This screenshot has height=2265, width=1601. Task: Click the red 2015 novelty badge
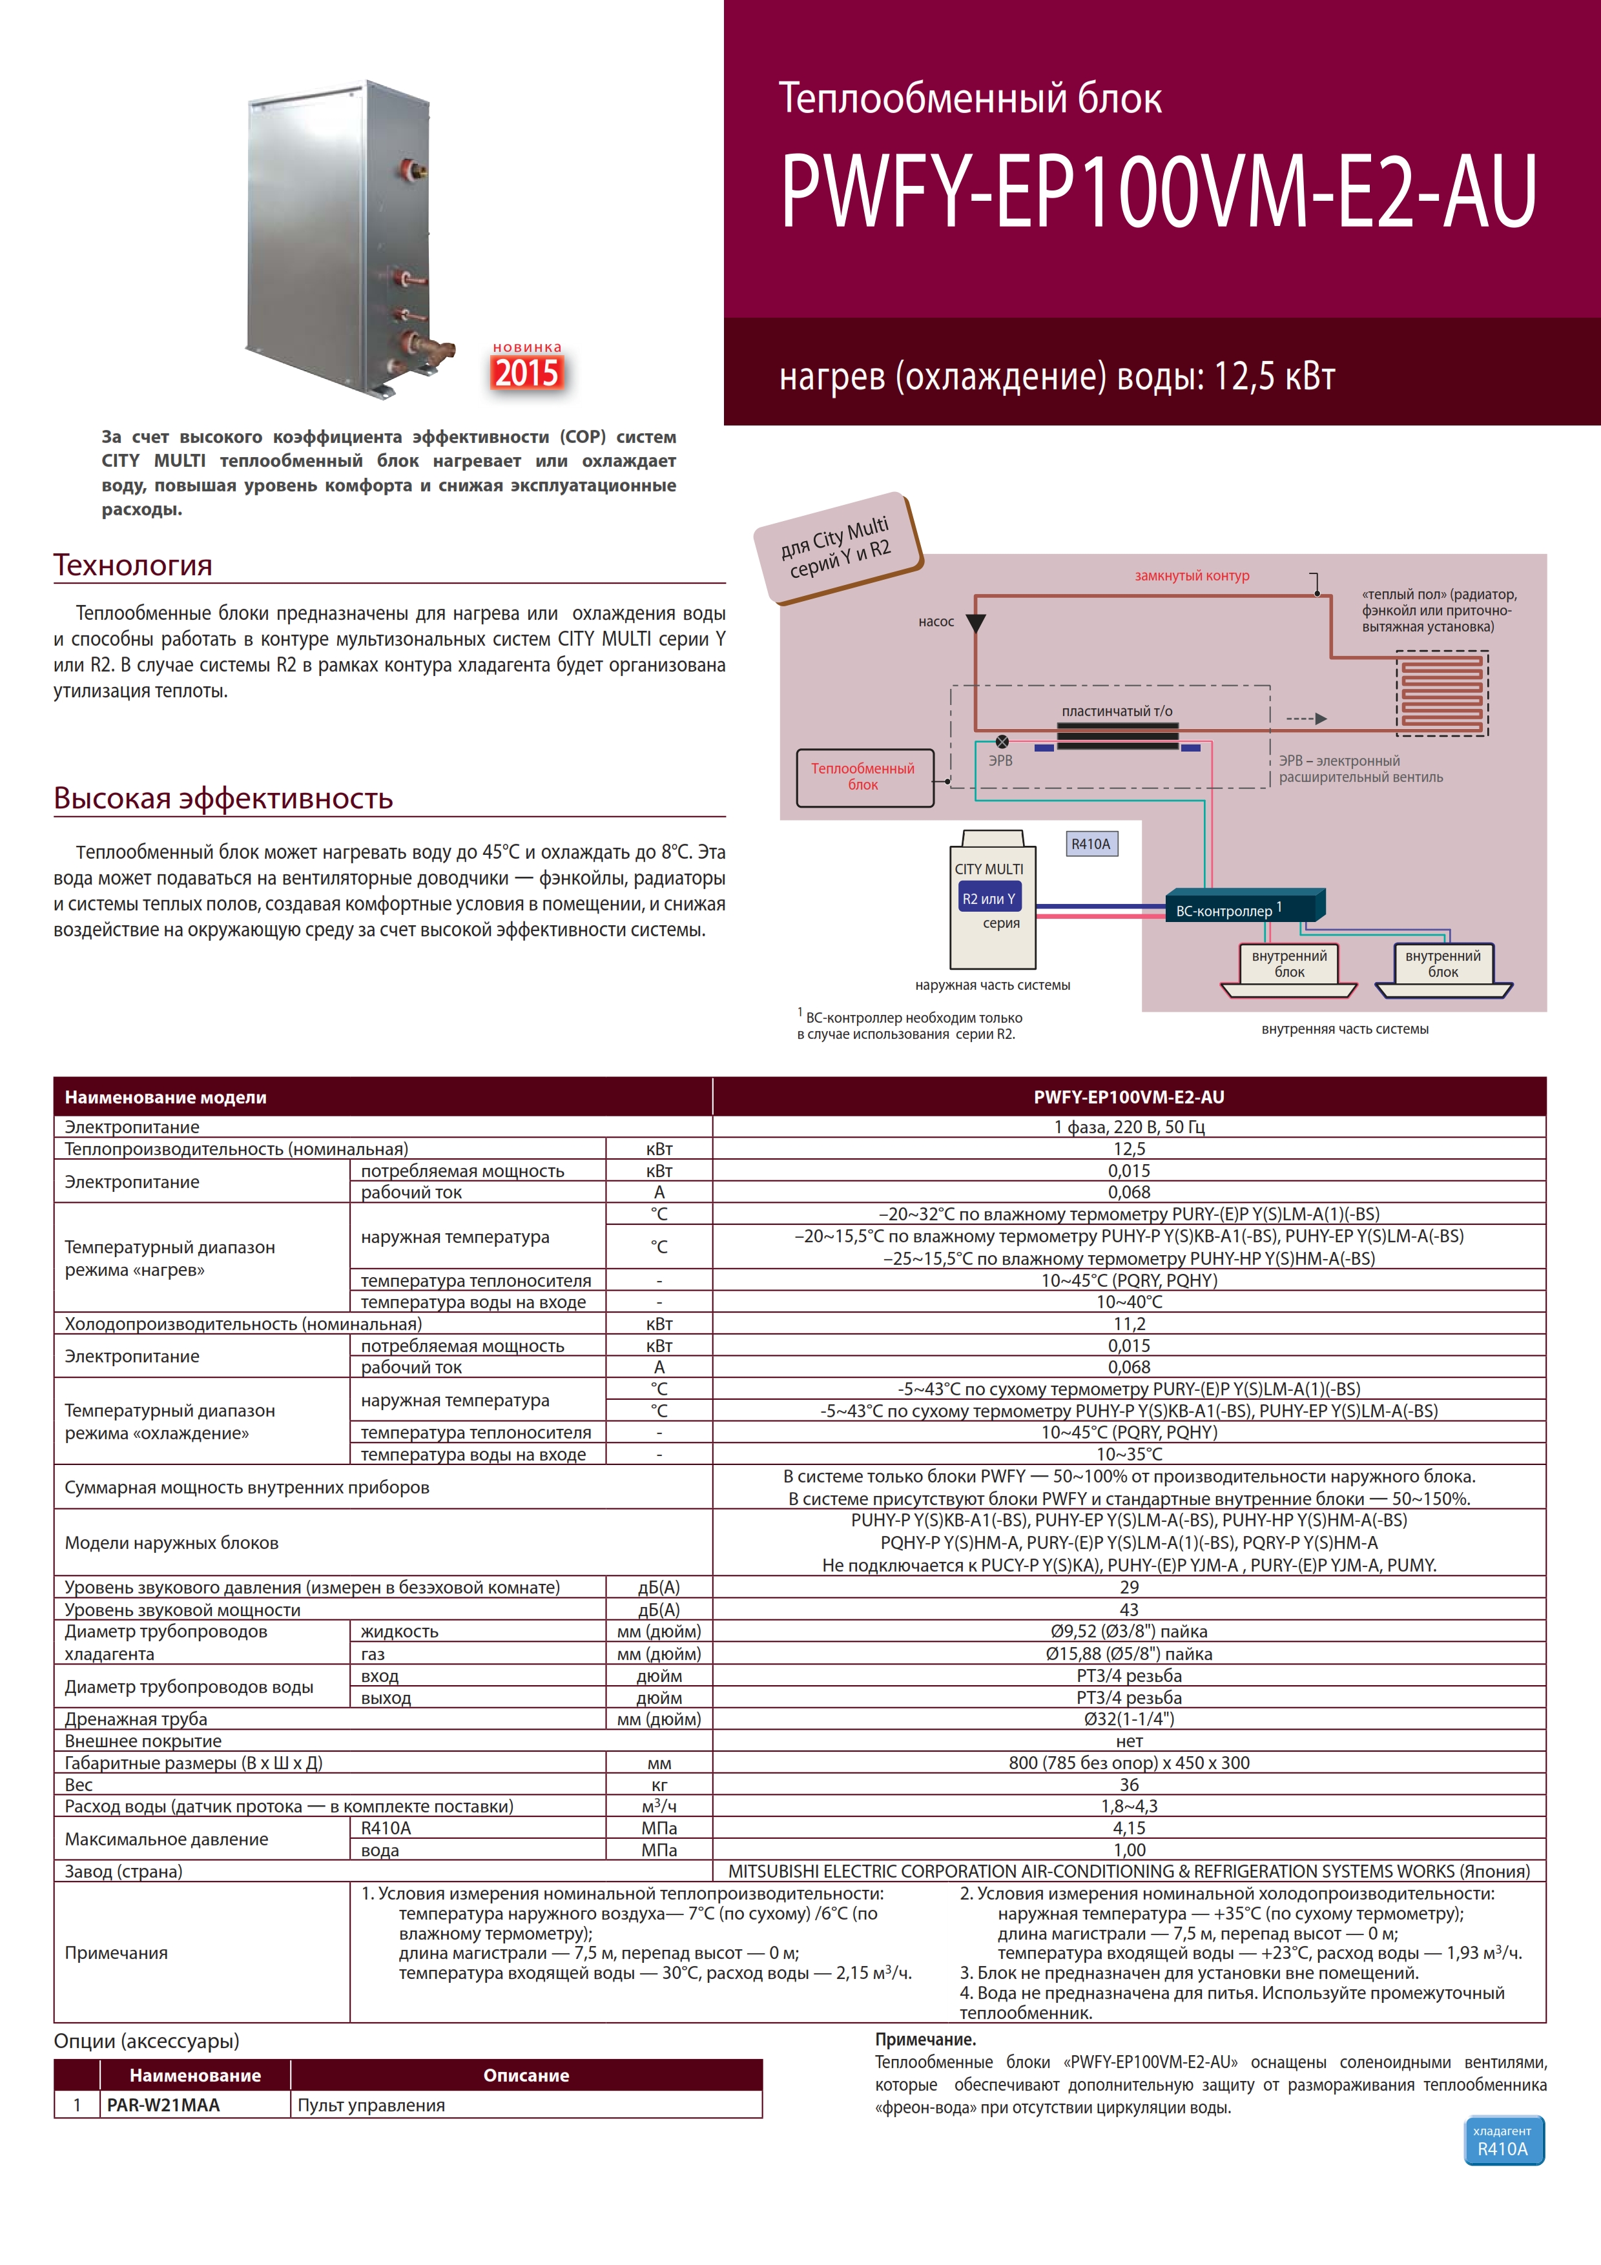point(528,372)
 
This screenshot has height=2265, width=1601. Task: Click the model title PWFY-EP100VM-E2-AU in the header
point(1159,191)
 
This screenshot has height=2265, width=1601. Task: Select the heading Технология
point(133,565)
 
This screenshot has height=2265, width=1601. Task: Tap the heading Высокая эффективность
point(223,798)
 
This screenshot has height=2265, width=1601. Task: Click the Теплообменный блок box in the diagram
point(864,777)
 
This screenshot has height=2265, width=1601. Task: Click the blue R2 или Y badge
point(988,899)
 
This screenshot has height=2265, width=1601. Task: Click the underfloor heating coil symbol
point(1442,693)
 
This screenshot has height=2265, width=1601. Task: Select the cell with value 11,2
point(1130,1324)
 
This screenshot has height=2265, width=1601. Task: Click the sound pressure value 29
point(1130,1587)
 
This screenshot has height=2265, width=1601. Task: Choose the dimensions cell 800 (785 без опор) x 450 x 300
point(1130,1763)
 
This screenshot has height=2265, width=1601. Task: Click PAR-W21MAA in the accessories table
point(164,2105)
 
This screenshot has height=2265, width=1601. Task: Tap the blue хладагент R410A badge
point(1503,2140)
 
